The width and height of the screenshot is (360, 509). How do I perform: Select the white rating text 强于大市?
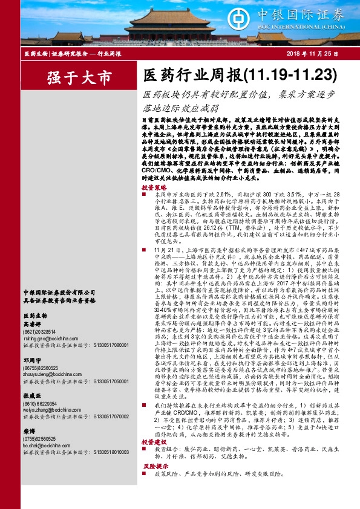80,79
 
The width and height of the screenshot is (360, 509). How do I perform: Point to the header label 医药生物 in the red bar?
36,54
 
